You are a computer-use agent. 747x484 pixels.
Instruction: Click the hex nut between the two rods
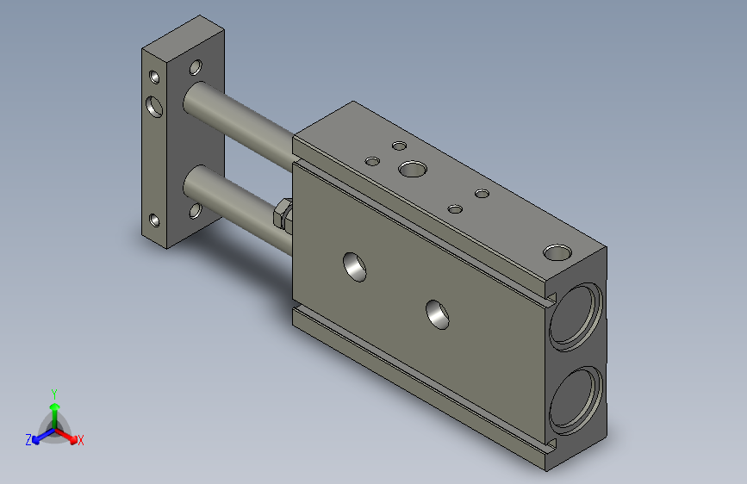(x=283, y=214)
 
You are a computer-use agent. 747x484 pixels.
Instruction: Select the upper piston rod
(x=238, y=127)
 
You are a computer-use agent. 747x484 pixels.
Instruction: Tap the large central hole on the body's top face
(x=413, y=169)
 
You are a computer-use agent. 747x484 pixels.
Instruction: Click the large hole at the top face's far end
(x=557, y=252)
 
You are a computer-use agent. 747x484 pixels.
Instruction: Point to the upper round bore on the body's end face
(x=576, y=316)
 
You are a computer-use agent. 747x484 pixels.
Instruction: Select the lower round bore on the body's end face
(x=576, y=400)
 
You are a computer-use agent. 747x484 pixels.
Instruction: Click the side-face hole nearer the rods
(x=355, y=267)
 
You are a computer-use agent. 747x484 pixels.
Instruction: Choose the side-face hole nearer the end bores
(x=438, y=314)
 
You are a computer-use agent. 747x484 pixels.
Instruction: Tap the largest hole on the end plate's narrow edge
(x=154, y=106)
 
